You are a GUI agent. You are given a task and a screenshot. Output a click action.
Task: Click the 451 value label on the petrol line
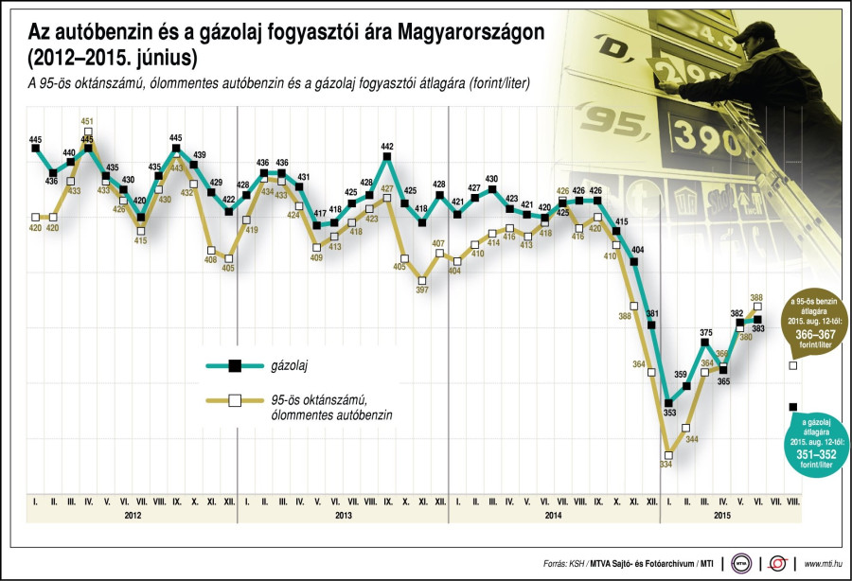[87, 121]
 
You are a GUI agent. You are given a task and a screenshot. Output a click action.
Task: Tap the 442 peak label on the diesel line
[387, 146]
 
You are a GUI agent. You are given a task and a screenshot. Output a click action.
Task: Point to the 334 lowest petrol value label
[666, 464]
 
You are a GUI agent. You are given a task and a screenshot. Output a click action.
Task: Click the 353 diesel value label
[670, 413]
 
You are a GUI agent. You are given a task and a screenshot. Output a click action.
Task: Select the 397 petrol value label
[422, 290]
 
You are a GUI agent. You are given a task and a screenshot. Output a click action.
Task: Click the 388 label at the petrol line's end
[757, 297]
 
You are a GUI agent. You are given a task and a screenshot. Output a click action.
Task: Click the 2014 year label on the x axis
[555, 515]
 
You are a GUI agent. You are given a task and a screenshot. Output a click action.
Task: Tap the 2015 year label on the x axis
[721, 515]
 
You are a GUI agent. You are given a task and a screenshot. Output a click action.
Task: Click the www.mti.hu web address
[823, 564]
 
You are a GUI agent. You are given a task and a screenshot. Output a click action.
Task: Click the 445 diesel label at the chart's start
[35, 138]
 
